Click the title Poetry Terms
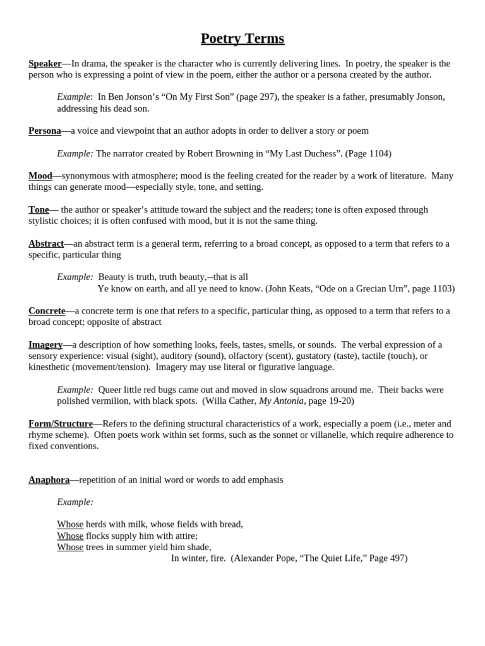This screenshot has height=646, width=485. click(242, 39)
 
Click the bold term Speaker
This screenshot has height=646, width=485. click(45, 64)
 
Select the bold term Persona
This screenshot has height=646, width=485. click(45, 131)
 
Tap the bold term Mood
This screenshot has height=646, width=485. click(40, 176)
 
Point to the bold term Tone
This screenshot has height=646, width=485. click(39, 209)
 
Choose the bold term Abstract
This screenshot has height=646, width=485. click(46, 244)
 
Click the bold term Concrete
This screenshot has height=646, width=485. click(47, 311)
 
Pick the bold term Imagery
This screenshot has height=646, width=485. click(45, 344)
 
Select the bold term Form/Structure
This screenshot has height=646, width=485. click(61, 424)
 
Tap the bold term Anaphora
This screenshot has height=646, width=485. click(49, 480)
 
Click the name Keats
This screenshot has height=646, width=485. click(301, 288)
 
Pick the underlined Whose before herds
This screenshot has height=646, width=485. click(70, 524)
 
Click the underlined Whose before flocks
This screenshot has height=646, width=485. click(70, 536)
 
